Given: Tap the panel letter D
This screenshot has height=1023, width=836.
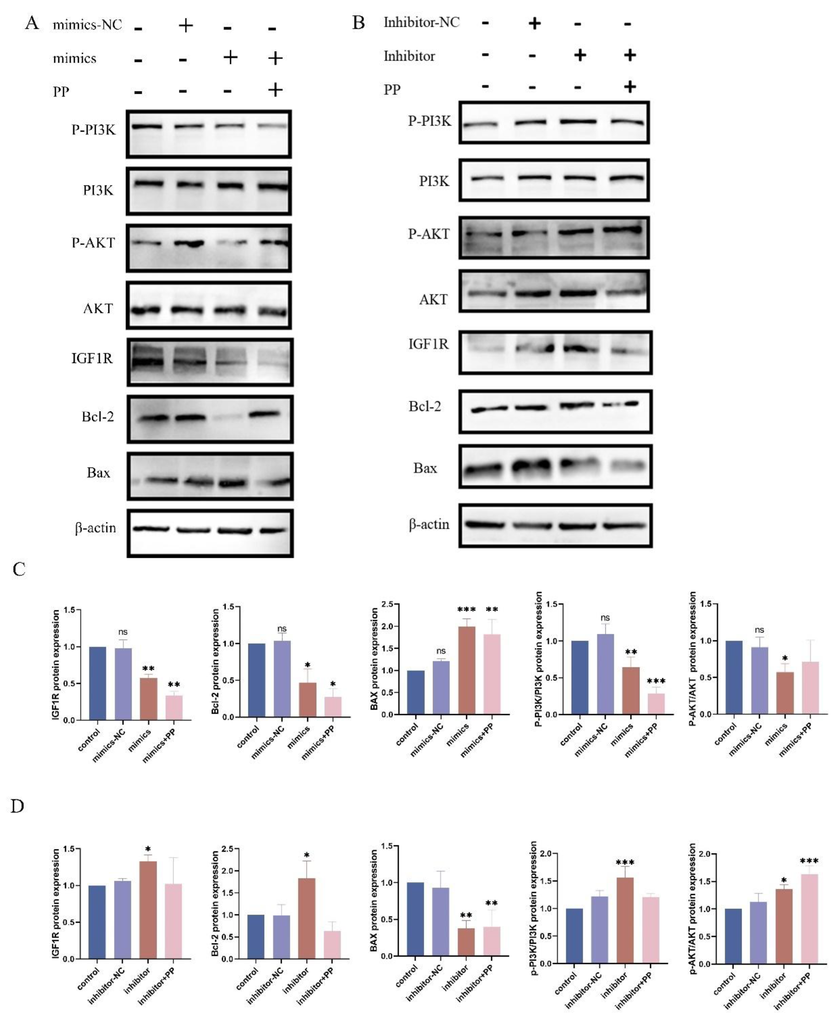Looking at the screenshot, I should click(17, 806).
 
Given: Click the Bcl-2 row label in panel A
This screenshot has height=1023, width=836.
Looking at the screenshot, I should click(98, 417).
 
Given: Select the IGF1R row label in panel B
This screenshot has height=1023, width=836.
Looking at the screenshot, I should click(428, 344).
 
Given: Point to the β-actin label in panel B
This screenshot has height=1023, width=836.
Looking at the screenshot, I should click(429, 524).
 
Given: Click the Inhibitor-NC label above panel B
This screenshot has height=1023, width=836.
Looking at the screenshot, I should click(421, 22).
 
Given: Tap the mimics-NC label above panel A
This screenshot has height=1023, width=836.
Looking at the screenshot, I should click(87, 25).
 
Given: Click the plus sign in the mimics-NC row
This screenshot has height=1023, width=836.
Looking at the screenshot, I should click(185, 25).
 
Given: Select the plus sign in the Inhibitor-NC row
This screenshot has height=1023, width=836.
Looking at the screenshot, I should click(534, 23).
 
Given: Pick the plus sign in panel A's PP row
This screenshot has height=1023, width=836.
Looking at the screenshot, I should click(275, 90).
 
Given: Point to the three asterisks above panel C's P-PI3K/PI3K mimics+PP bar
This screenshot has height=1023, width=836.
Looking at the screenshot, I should click(656, 681).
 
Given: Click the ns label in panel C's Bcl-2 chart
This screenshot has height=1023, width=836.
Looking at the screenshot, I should click(282, 629).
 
